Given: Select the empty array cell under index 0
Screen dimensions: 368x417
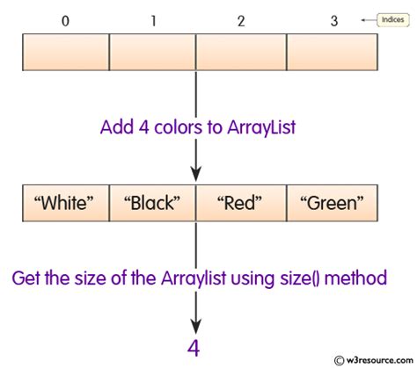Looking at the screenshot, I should (64, 52).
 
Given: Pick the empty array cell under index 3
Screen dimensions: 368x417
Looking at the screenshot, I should (330, 52).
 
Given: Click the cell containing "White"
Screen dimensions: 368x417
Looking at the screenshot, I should (64, 205).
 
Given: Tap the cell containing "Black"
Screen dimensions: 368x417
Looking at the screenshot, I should (152, 205).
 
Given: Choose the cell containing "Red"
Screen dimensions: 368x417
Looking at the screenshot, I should (240, 205).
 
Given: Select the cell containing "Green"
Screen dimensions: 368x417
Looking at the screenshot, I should (330, 205).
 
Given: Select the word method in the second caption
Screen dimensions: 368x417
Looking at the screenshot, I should (364, 279).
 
